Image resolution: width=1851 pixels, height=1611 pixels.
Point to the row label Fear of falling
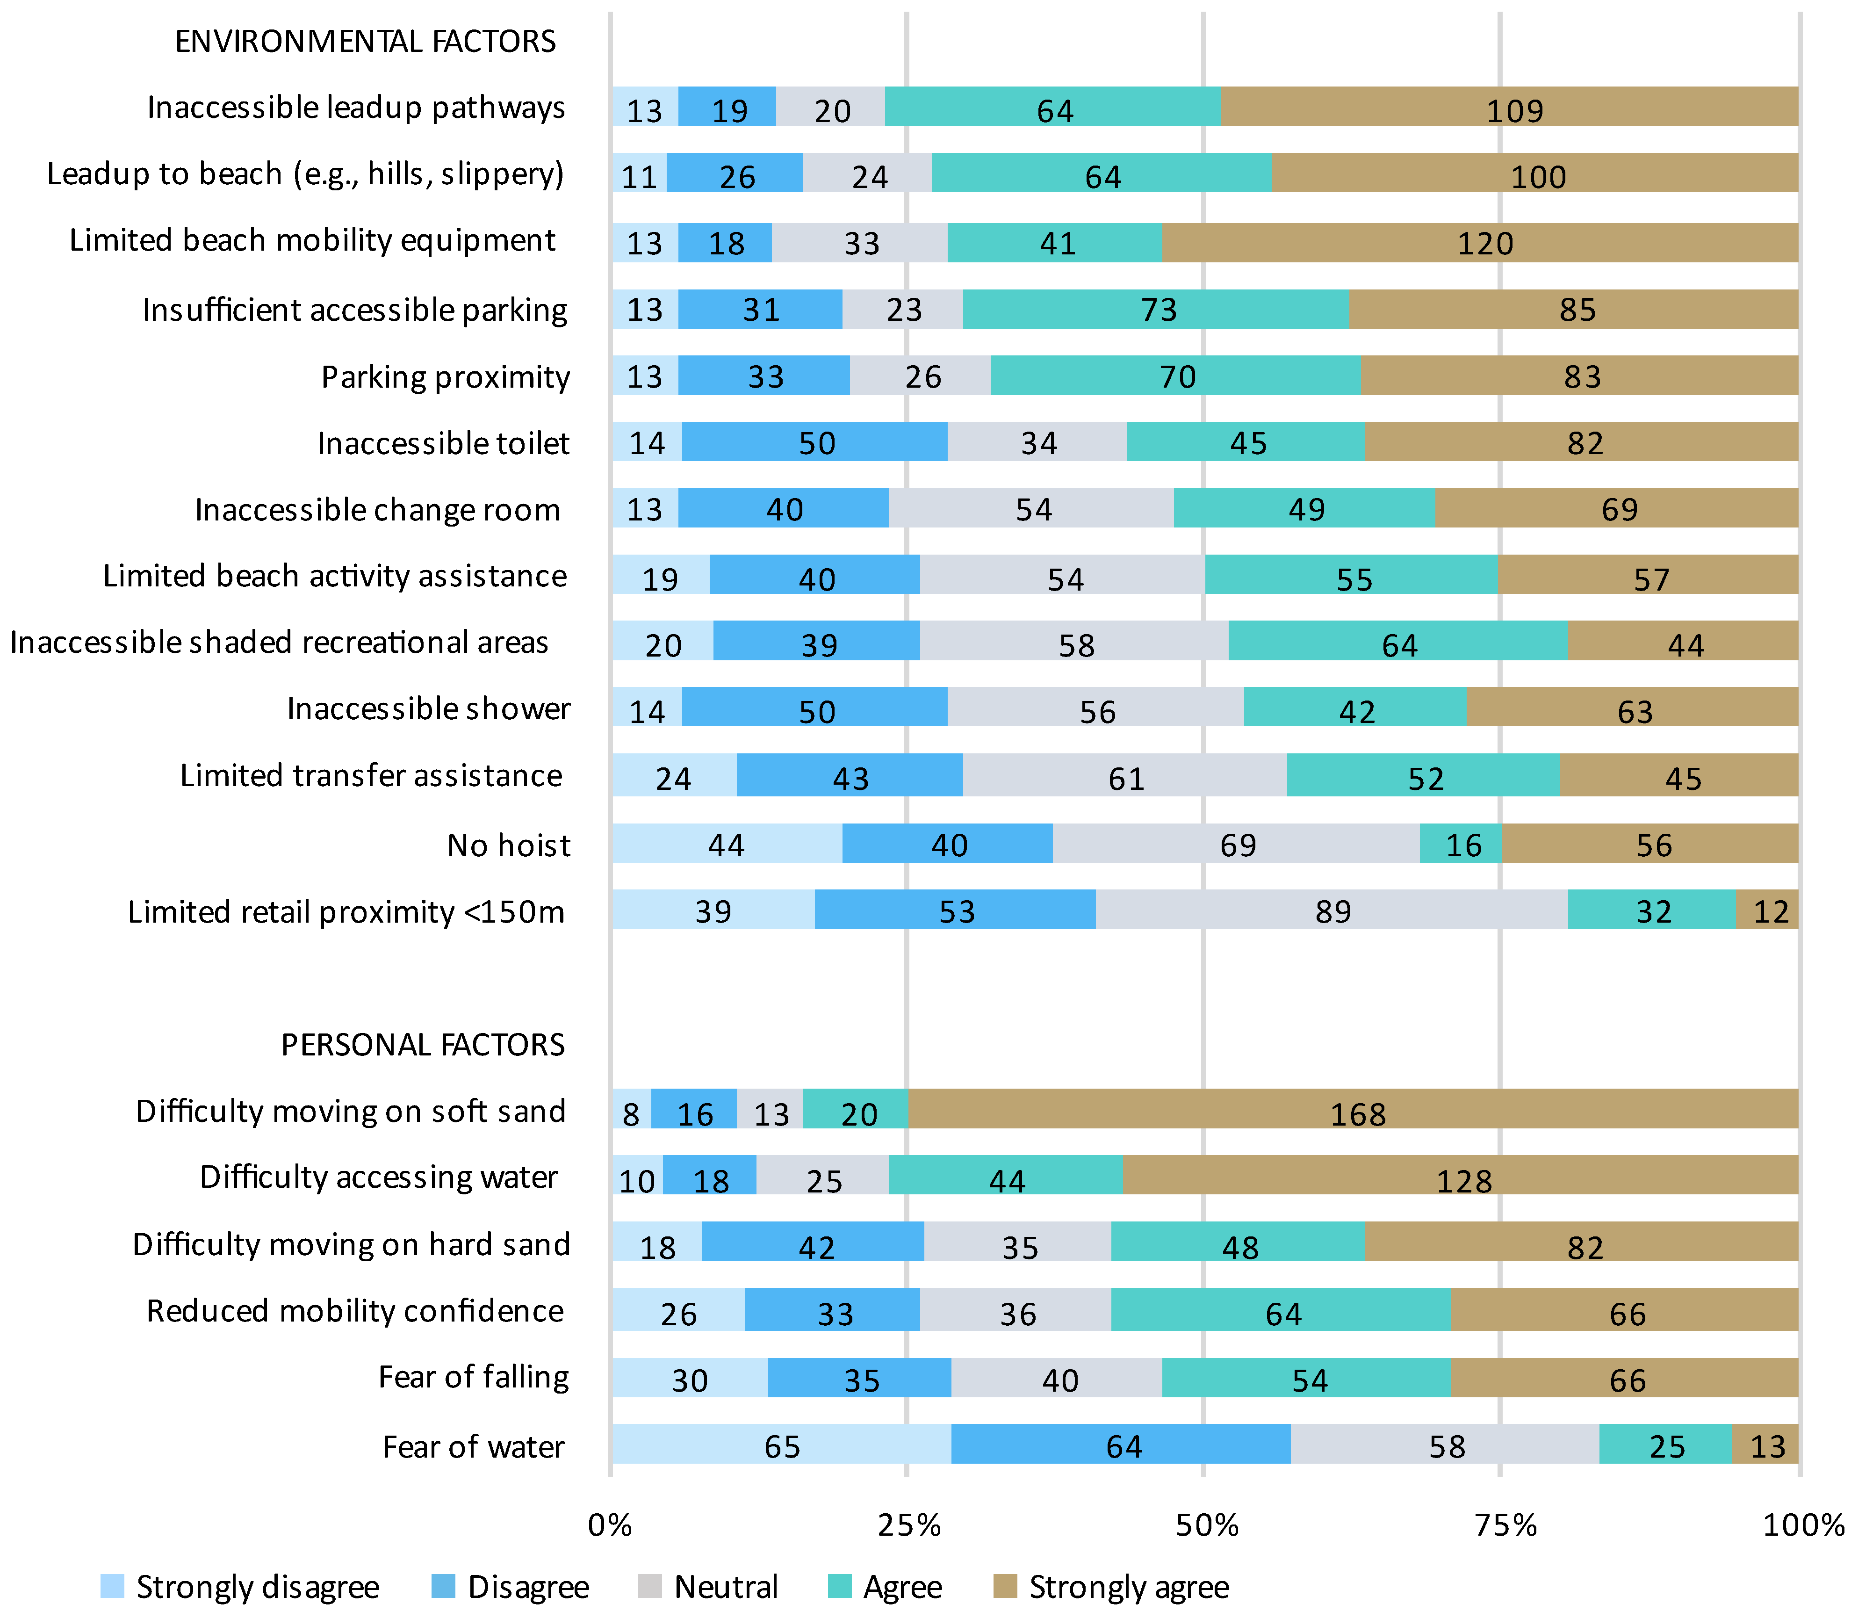[x=474, y=1376]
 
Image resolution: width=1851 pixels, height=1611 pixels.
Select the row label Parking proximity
[x=445, y=376]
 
